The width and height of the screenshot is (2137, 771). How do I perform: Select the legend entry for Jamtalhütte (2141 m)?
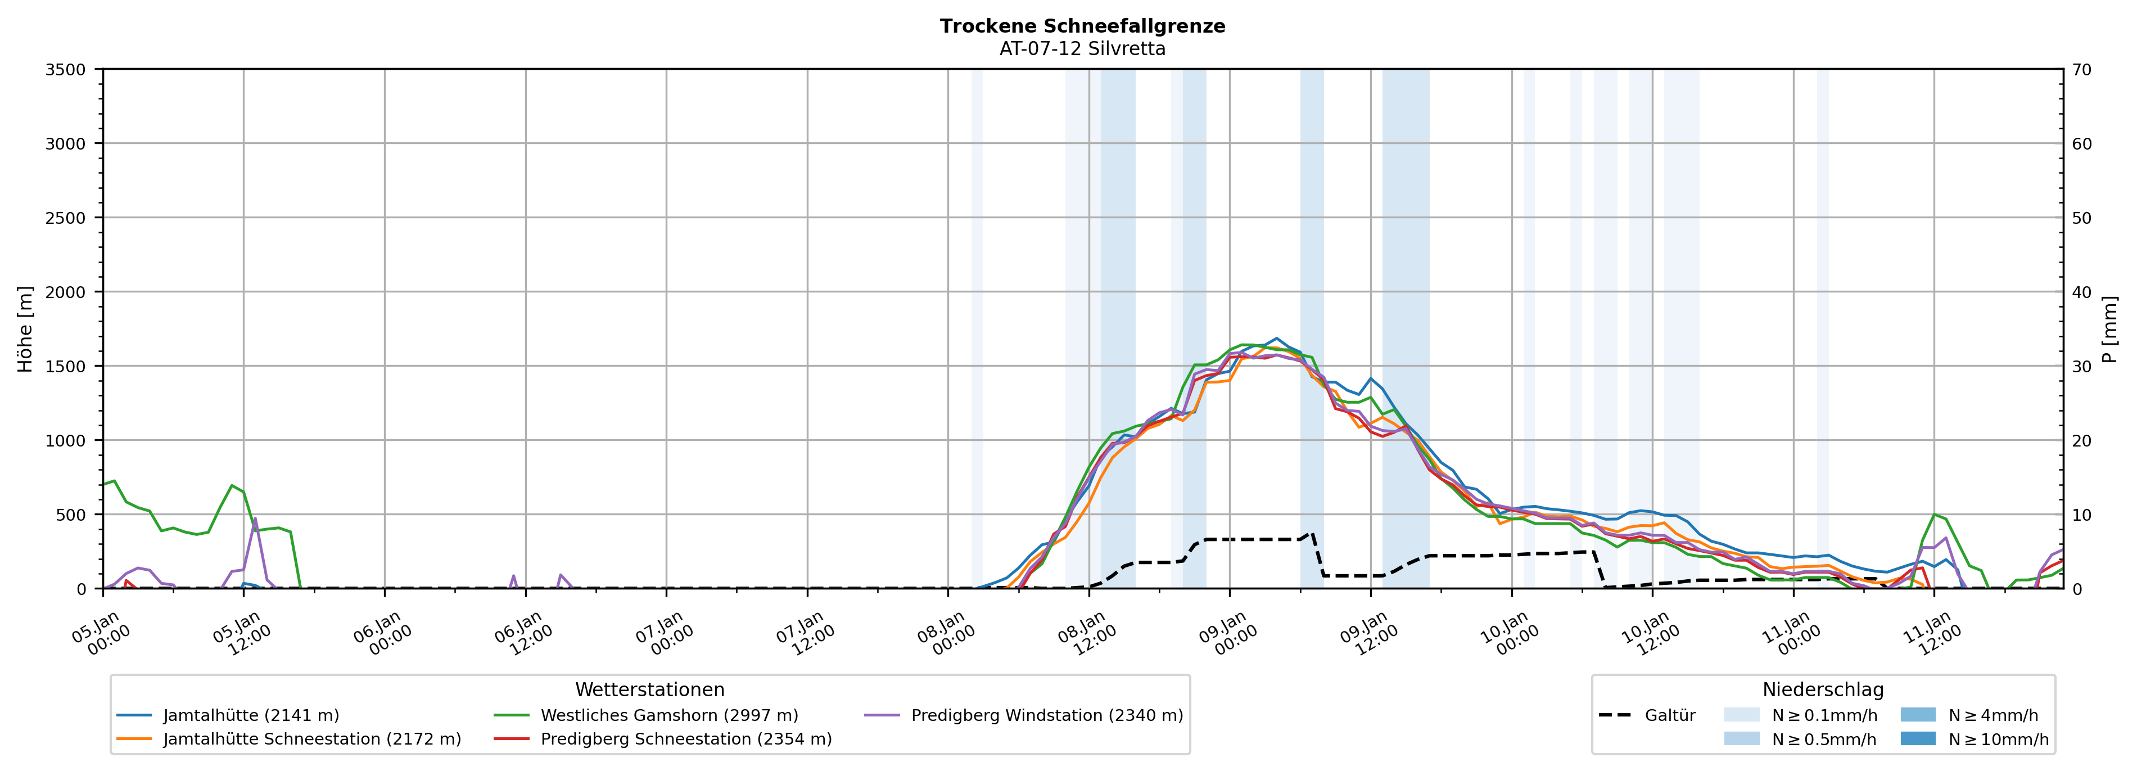(251, 715)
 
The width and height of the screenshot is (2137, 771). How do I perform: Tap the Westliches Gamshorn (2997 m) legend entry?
(668, 715)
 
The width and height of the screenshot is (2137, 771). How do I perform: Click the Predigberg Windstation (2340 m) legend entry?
(1046, 715)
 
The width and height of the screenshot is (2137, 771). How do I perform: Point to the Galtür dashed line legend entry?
(1669, 715)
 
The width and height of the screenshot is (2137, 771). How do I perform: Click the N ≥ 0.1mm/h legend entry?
(1823, 715)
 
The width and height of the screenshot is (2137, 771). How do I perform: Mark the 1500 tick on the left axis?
(66, 366)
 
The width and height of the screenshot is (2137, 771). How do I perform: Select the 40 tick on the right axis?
(2081, 292)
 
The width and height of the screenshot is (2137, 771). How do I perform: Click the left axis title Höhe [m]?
(26, 328)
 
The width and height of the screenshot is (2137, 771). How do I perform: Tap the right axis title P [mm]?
(2109, 328)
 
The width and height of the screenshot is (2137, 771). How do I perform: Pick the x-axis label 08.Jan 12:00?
(1085, 634)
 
